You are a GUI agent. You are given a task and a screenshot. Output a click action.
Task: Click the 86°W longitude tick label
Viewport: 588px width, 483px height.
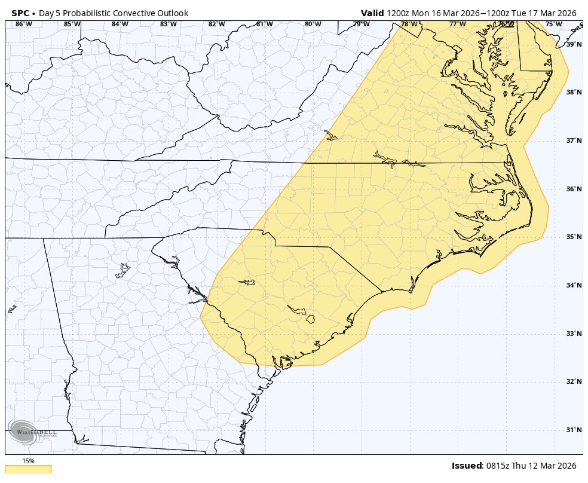coord(23,25)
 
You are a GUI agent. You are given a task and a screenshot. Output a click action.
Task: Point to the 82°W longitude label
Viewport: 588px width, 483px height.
coord(216,25)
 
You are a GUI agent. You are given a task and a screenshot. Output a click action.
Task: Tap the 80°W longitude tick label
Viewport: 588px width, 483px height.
coord(313,25)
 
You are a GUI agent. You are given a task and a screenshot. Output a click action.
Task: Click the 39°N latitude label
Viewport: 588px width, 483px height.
coord(574,44)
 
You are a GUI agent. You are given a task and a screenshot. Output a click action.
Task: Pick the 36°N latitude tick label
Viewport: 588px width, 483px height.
coord(574,189)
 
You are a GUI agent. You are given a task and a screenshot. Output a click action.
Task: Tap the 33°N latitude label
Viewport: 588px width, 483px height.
coord(574,334)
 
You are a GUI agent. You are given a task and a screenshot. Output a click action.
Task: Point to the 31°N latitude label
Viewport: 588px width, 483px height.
coord(574,430)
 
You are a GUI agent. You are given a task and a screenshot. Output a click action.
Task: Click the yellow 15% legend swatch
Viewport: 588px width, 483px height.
coord(27,469)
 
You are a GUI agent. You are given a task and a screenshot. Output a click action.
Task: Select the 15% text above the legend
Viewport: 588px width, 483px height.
coord(28,461)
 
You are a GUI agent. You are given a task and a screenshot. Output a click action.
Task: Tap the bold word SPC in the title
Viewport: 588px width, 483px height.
coord(20,13)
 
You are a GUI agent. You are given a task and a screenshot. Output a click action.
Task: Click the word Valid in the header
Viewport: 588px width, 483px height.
coord(372,13)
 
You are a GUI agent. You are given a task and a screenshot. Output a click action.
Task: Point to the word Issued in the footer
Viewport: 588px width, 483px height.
coord(467,466)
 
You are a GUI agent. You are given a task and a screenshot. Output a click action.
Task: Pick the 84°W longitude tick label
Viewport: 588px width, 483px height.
coord(120,25)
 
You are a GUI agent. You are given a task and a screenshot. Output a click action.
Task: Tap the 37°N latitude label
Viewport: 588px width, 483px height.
coord(574,140)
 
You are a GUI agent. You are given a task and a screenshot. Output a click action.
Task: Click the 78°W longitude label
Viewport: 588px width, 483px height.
coord(409,25)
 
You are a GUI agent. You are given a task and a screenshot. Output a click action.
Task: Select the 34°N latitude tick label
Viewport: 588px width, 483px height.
coord(574,285)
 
